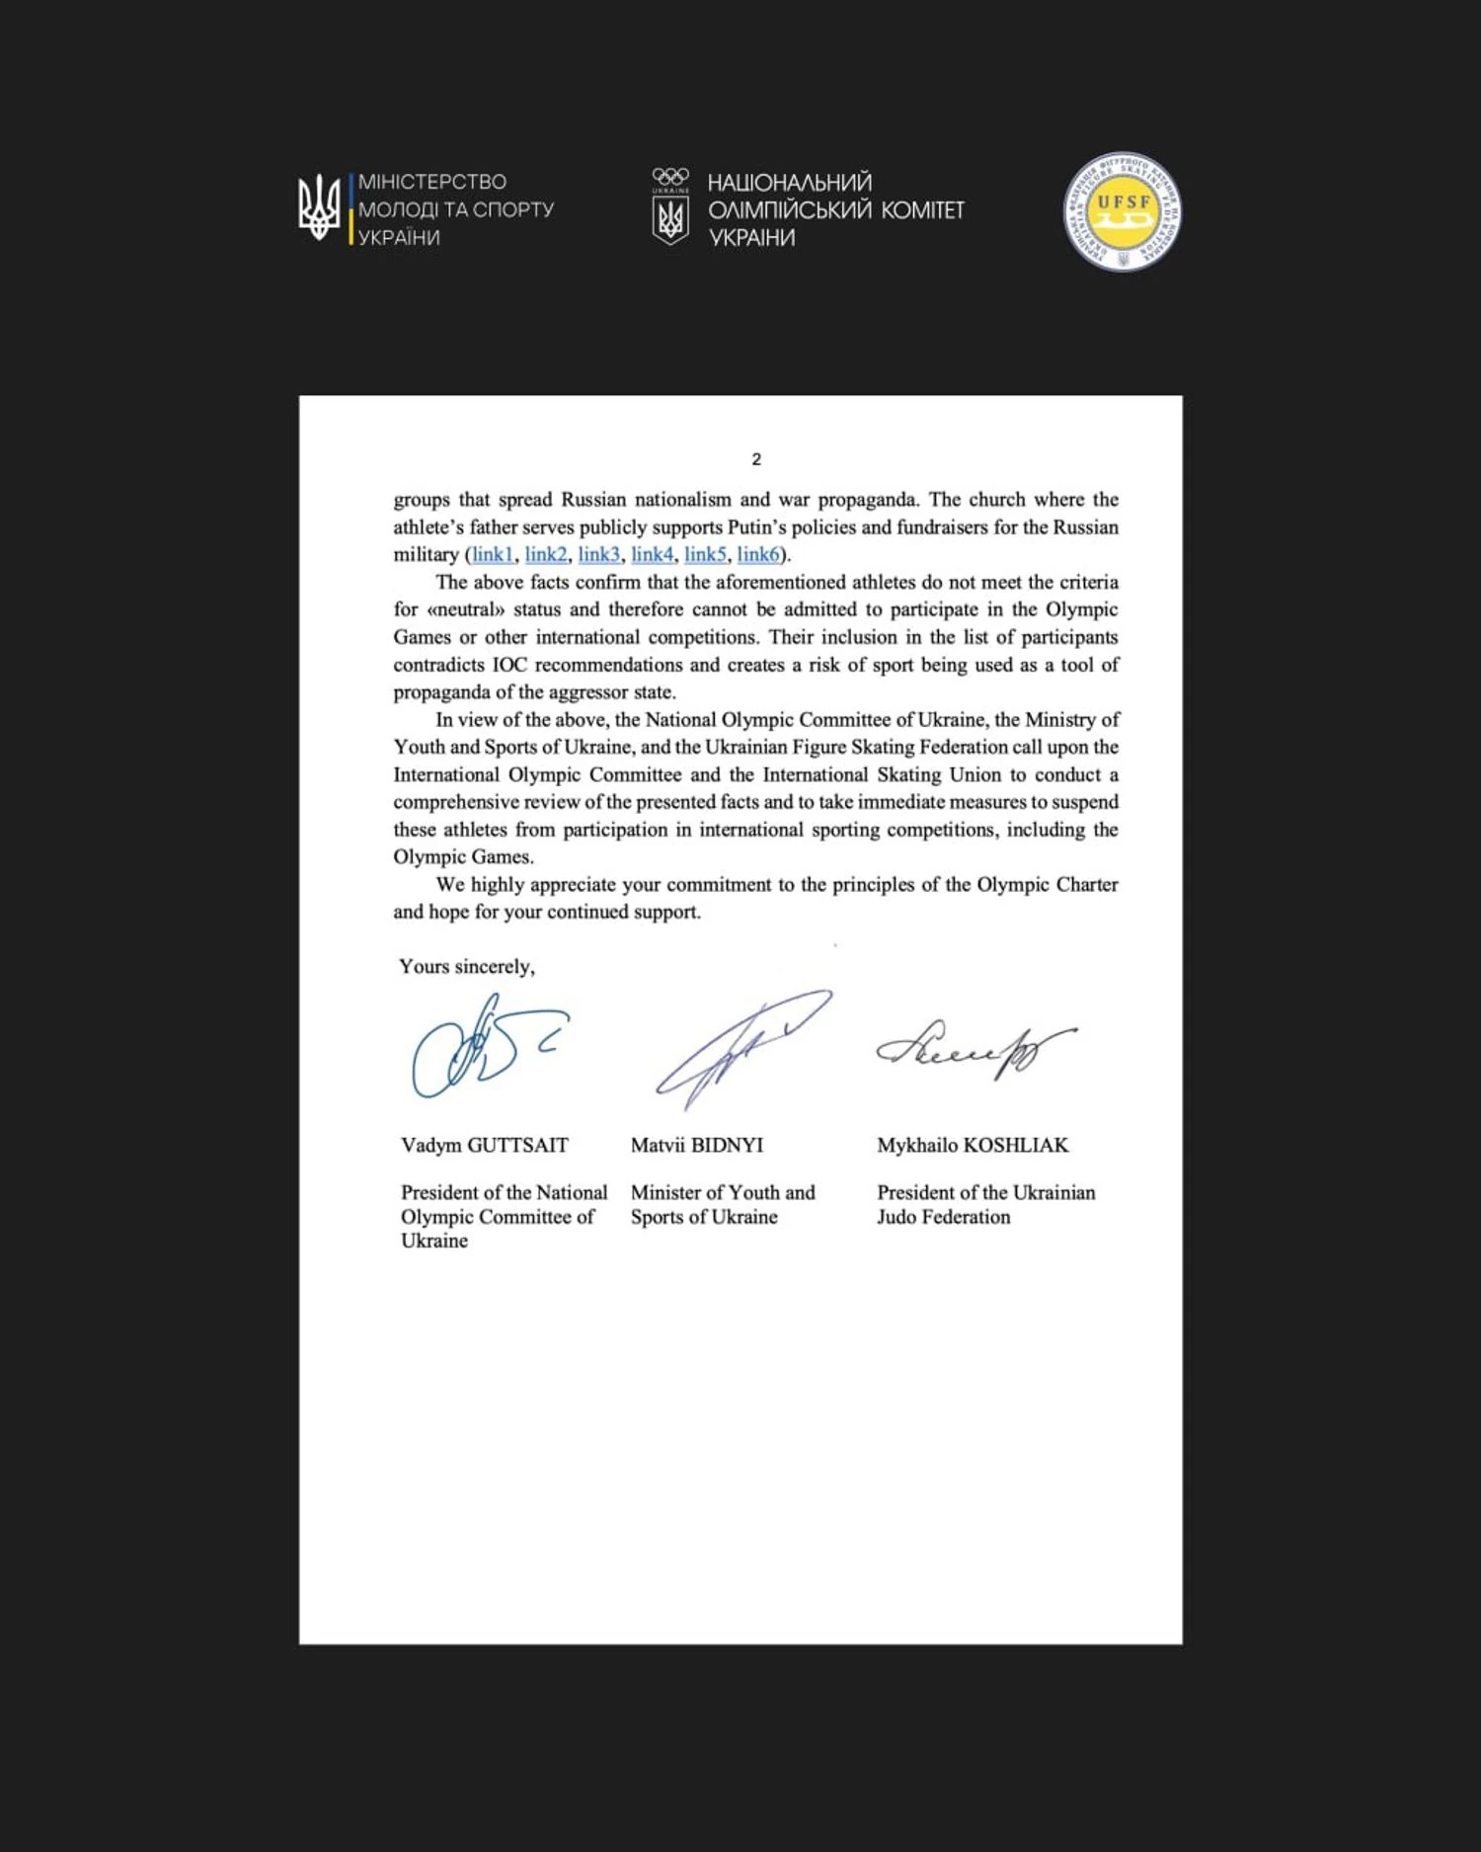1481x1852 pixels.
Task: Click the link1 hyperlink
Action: pos(492,554)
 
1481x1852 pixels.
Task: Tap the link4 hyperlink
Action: pos(652,554)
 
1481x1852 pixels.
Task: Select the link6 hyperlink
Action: pos(758,554)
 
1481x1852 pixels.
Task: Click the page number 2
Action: pos(756,459)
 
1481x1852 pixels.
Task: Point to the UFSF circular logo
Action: pos(1123,211)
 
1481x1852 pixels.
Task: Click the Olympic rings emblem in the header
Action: pos(670,177)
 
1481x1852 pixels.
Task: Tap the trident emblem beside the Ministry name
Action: pos(319,207)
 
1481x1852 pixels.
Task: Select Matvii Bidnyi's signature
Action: pos(740,1047)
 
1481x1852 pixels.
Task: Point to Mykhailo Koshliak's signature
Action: pos(973,1050)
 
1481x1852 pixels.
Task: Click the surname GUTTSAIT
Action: pos(517,1145)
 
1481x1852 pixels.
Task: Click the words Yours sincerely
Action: pos(467,966)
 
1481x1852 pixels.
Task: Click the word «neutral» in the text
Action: pos(465,609)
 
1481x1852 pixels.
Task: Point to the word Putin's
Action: pos(759,526)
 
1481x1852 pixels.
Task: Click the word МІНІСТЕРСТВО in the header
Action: pos(432,182)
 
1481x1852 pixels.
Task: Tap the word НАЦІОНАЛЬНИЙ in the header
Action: pos(790,183)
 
